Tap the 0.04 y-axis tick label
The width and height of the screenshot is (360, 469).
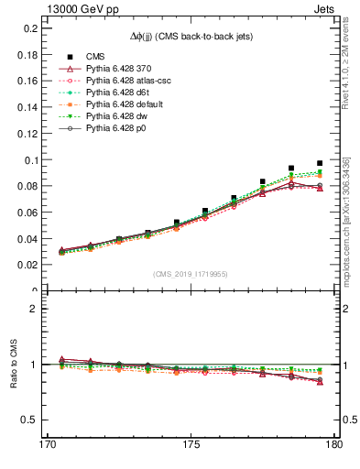point(27,239)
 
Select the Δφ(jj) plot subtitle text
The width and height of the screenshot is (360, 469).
point(191,35)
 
